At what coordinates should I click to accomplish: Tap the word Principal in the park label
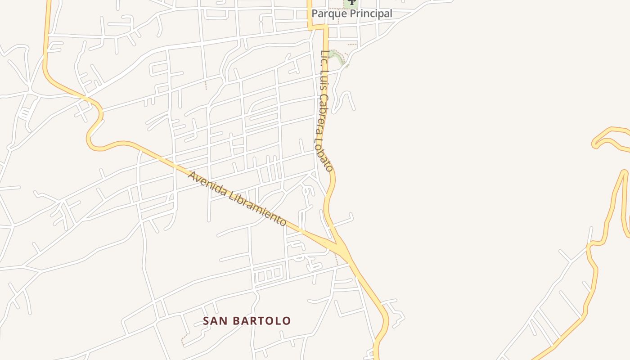point(370,14)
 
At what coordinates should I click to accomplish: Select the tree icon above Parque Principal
point(351,2)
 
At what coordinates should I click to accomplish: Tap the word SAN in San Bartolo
point(214,321)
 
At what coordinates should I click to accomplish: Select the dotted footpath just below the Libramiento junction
point(336,258)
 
